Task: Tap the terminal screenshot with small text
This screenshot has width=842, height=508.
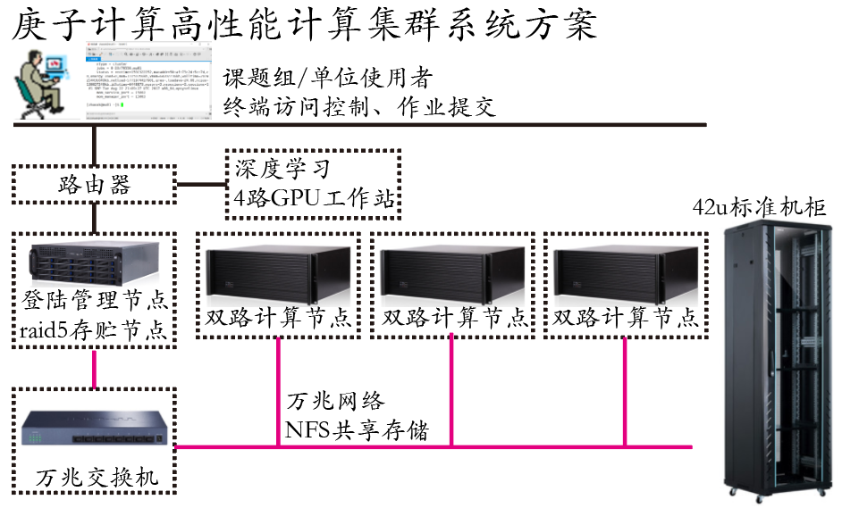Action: pyautogui.click(x=149, y=87)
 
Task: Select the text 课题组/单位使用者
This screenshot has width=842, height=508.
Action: pyautogui.click(x=327, y=77)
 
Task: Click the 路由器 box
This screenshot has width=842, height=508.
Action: pyautogui.click(x=93, y=184)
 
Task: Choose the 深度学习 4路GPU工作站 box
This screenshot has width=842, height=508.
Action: pyautogui.click(x=312, y=185)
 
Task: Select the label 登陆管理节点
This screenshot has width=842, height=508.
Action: pyautogui.click(x=93, y=298)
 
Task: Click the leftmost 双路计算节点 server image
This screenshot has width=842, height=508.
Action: pyautogui.click(x=278, y=271)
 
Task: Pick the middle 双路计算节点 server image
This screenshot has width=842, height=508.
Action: pyautogui.click(x=452, y=271)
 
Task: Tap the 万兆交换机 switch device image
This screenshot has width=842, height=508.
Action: pyautogui.click(x=94, y=429)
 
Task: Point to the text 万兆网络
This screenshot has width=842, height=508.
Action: pyautogui.click(x=336, y=402)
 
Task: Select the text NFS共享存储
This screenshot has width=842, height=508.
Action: pyautogui.click(x=357, y=432)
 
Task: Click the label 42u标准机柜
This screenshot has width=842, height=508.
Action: pyautogui.click(x=761, y=208)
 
